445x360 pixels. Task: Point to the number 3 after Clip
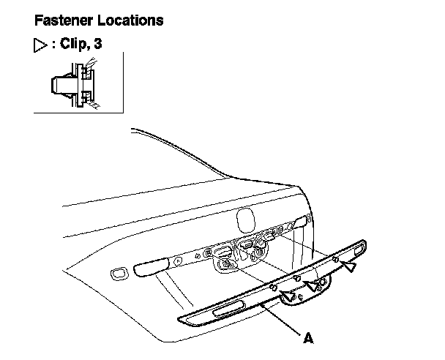[x=98, y=44]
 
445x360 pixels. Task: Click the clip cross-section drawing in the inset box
[x=74, y=84]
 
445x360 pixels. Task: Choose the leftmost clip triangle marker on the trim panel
[x=288, y=295]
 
